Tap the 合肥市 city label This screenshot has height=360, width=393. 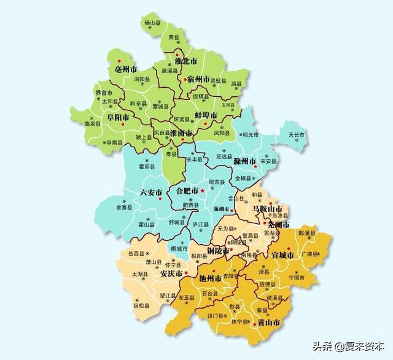coord(187,191)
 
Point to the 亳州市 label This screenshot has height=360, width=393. coord(126,69)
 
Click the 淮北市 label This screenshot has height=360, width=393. coord(185,61)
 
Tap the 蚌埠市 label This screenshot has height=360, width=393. coord(206,115)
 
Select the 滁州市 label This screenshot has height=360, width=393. coord(244,161)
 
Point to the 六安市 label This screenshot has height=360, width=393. coord(151,192)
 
